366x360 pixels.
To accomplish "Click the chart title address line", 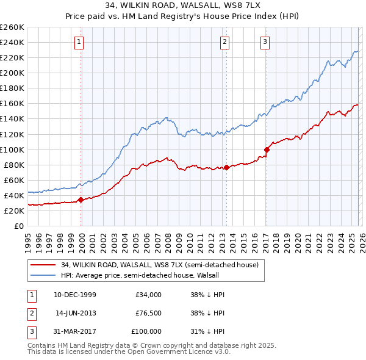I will pyautogui.click(x=183, y=5).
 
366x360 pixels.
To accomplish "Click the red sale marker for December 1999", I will pyautogui.click(x=81, y=200).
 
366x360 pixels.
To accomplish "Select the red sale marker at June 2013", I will pyautogui.click(x=226, y=167).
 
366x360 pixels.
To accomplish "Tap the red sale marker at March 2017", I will pyautogui.click(x=267, y=149).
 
